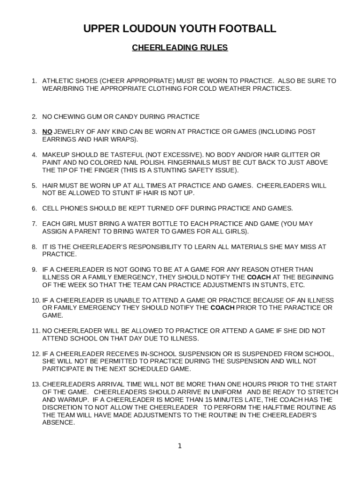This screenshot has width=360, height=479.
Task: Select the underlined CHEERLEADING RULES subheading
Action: click(x=180, y=48)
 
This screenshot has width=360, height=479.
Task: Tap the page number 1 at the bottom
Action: click(x=180, y=446)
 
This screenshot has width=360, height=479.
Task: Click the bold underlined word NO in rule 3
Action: click(x=47, y=132)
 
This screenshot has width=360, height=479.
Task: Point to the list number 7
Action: click(x=34, y=224)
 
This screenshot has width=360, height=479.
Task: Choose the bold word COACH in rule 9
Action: click(x=259, y=277)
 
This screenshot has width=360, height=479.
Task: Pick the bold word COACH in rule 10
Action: click(x=223, y=308)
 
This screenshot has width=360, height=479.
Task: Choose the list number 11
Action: click(x=36, y=331)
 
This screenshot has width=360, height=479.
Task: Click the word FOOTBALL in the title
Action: click(x=247, y=29)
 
